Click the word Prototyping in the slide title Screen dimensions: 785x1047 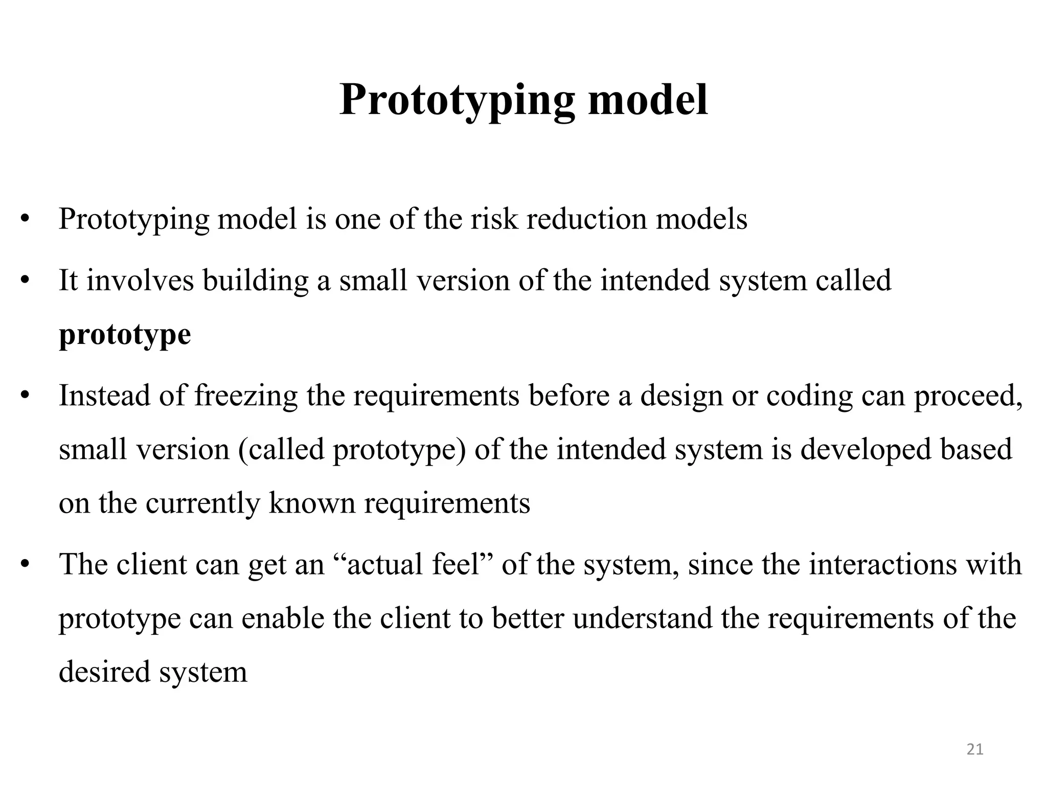click(x=457, y=100)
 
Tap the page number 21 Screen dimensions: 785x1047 click(x=975, y=749)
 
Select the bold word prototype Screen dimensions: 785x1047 click(x=125, y=335)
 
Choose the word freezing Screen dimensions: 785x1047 click(x=245, y=396)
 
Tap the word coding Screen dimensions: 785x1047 click(x=809, y=396)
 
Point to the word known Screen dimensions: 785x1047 click(x=312, y=503)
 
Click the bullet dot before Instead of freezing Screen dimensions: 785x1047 click(x=25, y=396)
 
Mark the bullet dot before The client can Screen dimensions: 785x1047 click(x=25, y=565)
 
